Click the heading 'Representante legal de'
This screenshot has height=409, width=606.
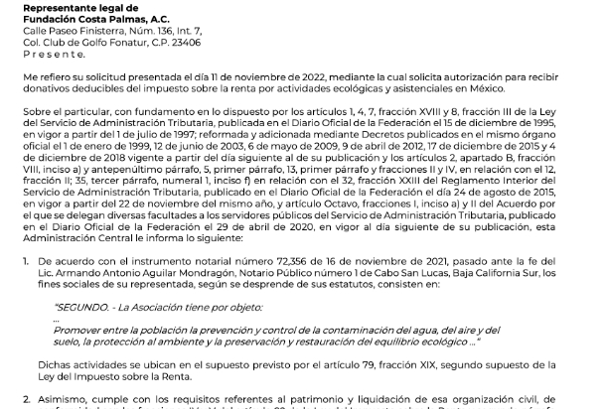pos(65,6)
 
